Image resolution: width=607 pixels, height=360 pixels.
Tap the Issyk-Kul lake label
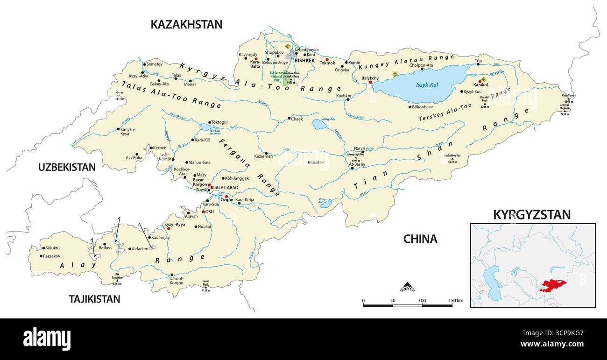(x=427, y=85)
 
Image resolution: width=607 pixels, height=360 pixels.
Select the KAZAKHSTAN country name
(x=186, y=25)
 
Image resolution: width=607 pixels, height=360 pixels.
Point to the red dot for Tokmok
(x=327, y=59)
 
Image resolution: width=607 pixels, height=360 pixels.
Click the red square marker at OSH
(x=203, y=212)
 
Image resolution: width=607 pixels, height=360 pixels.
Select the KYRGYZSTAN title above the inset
(x=532, y=215)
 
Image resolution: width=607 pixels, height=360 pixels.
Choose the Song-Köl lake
(x=320, y=124)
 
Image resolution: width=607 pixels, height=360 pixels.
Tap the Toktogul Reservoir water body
(x=205, y=127)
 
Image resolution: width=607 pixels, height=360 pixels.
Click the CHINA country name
(x=420, y=239)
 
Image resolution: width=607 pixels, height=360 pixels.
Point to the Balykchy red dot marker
(x=370, y=82)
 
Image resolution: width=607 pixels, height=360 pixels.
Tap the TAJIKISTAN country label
(x=94, y=299)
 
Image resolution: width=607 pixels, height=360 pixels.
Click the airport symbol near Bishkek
(x=288, y=46)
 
